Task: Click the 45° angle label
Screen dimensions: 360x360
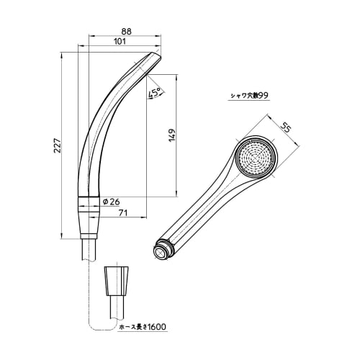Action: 153,94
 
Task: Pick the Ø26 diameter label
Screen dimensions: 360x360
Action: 111,201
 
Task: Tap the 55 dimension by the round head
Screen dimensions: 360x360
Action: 286,130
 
